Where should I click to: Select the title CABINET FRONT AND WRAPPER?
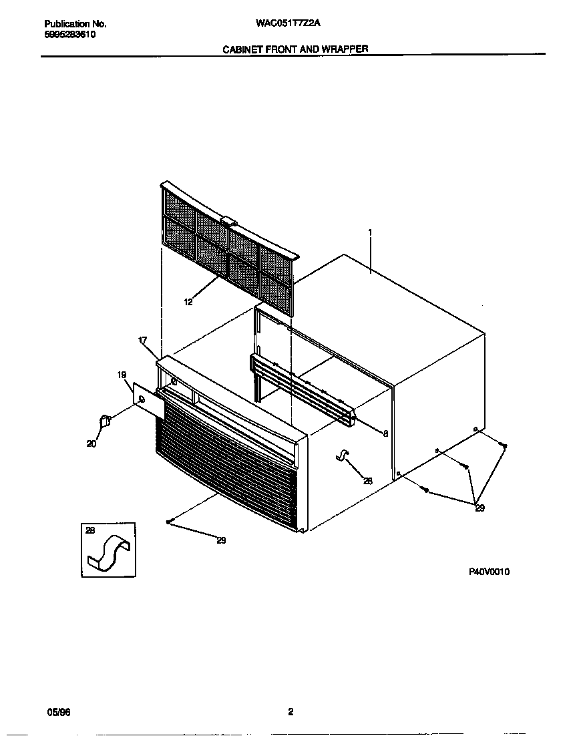tap(295, 49)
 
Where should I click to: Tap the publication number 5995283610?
tap(65, 35)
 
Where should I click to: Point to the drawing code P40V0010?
tap(489, 572)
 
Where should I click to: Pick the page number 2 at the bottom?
tap(291, 712)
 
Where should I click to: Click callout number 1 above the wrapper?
tap(370, 232)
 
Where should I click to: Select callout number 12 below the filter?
tap(188, 303)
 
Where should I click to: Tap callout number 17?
tap(142, 341)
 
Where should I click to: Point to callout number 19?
tap(122, 375)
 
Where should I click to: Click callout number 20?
tap(91, 443)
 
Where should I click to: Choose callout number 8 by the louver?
tap(385, 433)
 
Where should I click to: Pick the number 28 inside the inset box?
tap(91, 530)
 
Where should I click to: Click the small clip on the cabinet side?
tap(342, 455)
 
